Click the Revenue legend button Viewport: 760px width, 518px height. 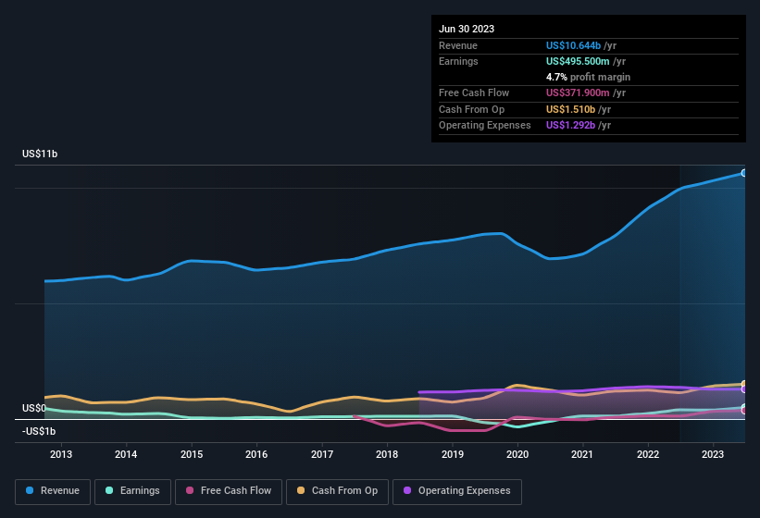[x=52, y=491]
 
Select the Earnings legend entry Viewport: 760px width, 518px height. [x=131, y=491]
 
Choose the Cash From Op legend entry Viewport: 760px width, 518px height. [x=336, y=491]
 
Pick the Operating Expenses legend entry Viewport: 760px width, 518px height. [x=457, y=491]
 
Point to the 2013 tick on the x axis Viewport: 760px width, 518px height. [x=61, y=454]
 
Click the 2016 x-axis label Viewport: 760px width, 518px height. [x=256, y=454]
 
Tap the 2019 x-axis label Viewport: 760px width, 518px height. [x=452, y=454]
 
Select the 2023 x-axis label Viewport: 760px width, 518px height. [x=713, y=454]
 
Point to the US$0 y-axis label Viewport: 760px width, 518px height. [x=34, y=408]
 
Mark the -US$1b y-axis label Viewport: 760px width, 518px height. [x=39, y=431]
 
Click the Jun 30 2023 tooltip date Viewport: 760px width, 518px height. [x=467, y=29]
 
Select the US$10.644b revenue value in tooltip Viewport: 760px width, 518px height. [x=581, y=45]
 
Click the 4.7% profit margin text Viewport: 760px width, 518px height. [x=588, y=77]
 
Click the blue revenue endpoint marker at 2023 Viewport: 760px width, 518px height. [x=743, y=173]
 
